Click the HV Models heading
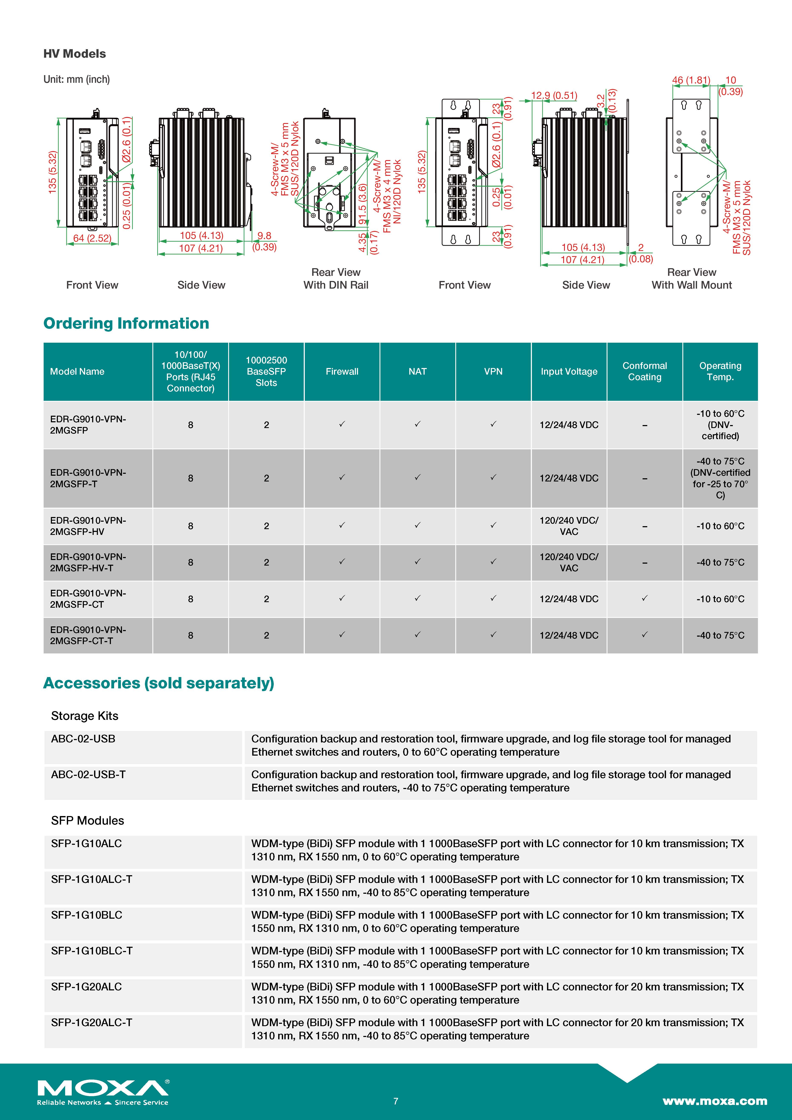point(75,54)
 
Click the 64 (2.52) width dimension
point(92,238)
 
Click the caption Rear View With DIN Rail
point(336,279)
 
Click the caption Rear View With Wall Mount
point(692,279)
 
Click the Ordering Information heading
point(126,323)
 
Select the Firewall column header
point(342,372)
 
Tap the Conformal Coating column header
point(645,372)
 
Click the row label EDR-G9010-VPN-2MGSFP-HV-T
point(88,562)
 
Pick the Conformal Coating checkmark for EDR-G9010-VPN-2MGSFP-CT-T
point(645,635)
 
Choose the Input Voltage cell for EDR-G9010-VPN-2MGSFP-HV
point(569,526)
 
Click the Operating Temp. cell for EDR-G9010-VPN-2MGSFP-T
point(720,478)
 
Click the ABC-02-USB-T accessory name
point(88,775)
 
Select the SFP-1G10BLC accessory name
point(87,915)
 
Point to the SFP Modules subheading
point(88,821)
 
